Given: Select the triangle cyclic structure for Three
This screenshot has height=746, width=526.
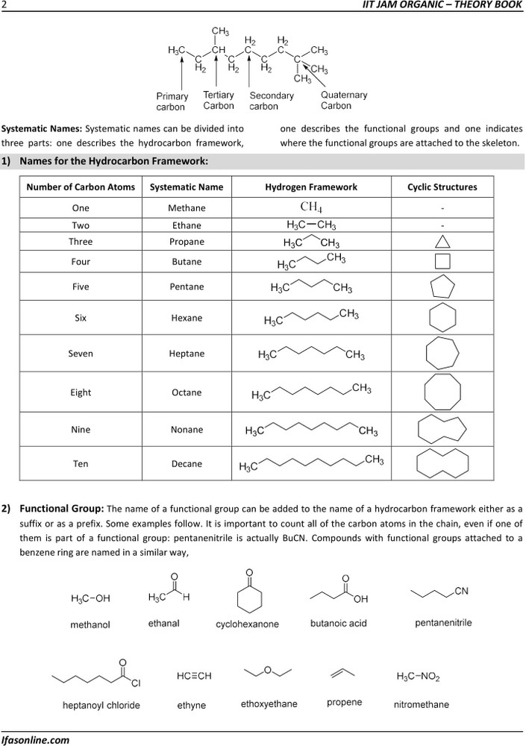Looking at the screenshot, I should point(442,242).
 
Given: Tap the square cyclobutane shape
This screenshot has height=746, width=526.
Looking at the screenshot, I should point(442,262).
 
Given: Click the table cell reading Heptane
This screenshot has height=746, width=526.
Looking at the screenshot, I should point(186,354).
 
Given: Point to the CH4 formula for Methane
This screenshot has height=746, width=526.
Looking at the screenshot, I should point(311,207).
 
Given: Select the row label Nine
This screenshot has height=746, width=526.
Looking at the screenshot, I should point(81,430).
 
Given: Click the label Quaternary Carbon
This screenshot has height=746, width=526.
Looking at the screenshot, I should point(344,100).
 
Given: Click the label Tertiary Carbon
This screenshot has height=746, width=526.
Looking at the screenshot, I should point(219,100).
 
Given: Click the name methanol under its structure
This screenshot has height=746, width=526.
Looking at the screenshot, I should point(90,624).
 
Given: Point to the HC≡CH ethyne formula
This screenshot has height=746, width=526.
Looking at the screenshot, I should point(194,676).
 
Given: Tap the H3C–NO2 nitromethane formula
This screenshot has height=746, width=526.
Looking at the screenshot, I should point(418,677).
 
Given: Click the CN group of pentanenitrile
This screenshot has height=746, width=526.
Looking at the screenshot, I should point(461,592).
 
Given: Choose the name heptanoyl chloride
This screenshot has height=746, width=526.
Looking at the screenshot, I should point(101,705).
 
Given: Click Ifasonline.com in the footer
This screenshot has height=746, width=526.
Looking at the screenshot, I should point(35,740).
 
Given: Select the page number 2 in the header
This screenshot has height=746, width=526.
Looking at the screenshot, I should point(4,5).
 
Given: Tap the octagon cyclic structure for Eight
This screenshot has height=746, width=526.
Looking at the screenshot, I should point(442,391).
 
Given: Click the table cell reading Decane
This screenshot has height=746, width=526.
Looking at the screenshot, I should point(186,464).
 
